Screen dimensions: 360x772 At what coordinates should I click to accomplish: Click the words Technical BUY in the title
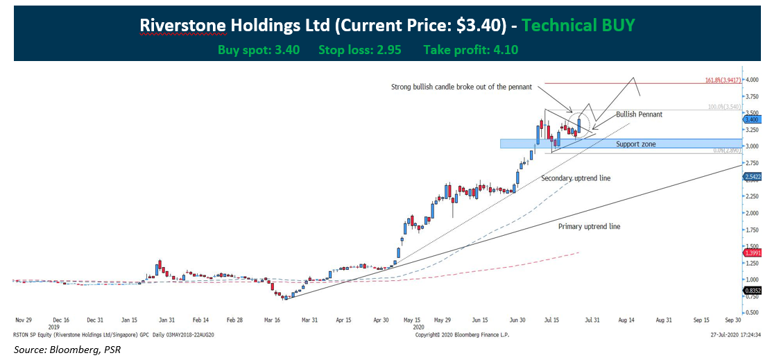(x=578, y=26)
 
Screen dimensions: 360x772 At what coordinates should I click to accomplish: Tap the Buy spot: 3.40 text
(x=258, y=50)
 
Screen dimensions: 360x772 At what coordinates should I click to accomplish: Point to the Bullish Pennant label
(x=639, y=114)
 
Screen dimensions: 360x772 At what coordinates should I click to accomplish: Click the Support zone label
(x=635, y=144)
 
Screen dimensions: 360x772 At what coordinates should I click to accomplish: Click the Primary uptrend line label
(x=589, y=226)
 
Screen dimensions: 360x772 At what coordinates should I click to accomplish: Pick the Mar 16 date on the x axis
(x=271, y=320)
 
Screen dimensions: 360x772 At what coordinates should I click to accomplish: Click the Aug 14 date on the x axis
(x=626, y=320)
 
